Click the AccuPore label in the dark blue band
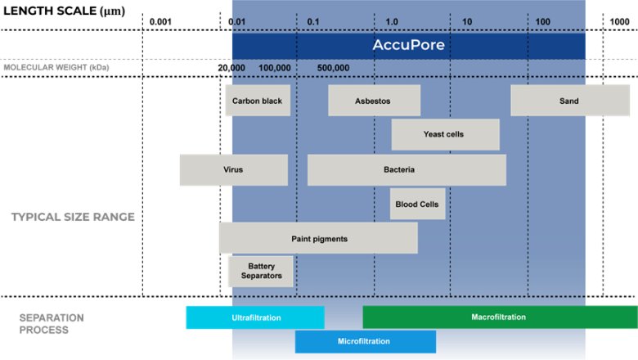[409, 46]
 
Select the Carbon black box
[258, 101]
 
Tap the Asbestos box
[374, 101]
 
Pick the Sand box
[569, 101]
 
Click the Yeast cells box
[445, 134]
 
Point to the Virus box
[233, 169]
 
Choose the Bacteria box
[406, 169]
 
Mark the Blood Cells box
[417, 204]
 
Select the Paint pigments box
[318, 238]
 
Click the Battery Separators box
[261, 271]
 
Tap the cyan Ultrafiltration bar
[255, 317]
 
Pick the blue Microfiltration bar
[365, 341]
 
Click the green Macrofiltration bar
[499, 317]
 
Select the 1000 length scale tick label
[619, 20]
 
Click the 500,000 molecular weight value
[333, 68]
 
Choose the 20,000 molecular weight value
[231, 68]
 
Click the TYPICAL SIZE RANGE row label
[72, 217]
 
